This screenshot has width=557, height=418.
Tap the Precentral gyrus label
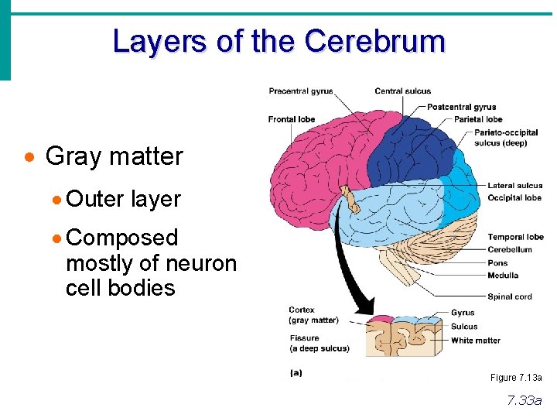pyautogui.click(x=301, y=91)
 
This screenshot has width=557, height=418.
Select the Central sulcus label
pyautogui.click(x=403, y=91)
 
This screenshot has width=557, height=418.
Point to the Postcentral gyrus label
pyautogui.click(x=462, y=107)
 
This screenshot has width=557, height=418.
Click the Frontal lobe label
pyautogui.click(x=292, y=119)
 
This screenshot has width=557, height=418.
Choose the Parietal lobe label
pyautogui.click(x=478, y=119)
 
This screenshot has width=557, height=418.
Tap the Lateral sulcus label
pyautogui.click(x=515, y=186)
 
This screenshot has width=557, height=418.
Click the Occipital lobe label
pyautogui.click(x=514, y=198)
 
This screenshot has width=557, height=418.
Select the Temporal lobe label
pyautogui.click(x=515, y=237)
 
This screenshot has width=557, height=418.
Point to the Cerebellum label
pyautogui.click(x=510, y=250)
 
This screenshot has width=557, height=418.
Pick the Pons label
pyautogui.click(x=498, y=263)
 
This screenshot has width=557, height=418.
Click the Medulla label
pyautogui.click(x=503, y=275)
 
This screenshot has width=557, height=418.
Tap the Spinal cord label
pyautogui.click(x=510, y=296)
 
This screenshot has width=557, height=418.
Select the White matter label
pyautogui.click(x=476, y=341)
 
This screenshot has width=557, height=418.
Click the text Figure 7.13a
pyautogui.click(x=516, y=378)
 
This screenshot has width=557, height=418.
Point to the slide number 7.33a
pyautogui.click(x=525, y=400)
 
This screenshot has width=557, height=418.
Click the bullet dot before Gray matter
pyautogui.click(x=29, y=157)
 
